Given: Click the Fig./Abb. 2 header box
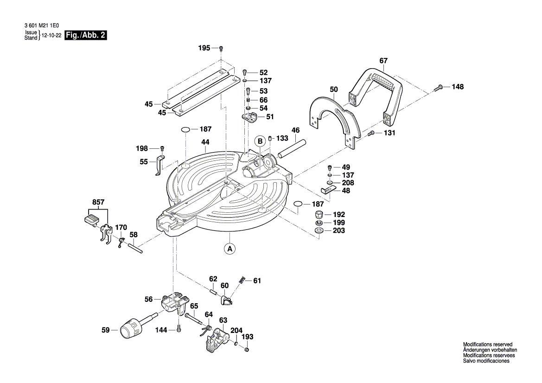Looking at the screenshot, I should point(86,35).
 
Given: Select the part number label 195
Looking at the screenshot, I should point(204,48).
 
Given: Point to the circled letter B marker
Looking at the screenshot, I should point(261,141).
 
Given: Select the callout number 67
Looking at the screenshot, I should point(383,61).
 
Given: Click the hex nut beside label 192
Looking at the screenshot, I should point(319,215).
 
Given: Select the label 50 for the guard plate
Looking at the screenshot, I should point(334,89).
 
